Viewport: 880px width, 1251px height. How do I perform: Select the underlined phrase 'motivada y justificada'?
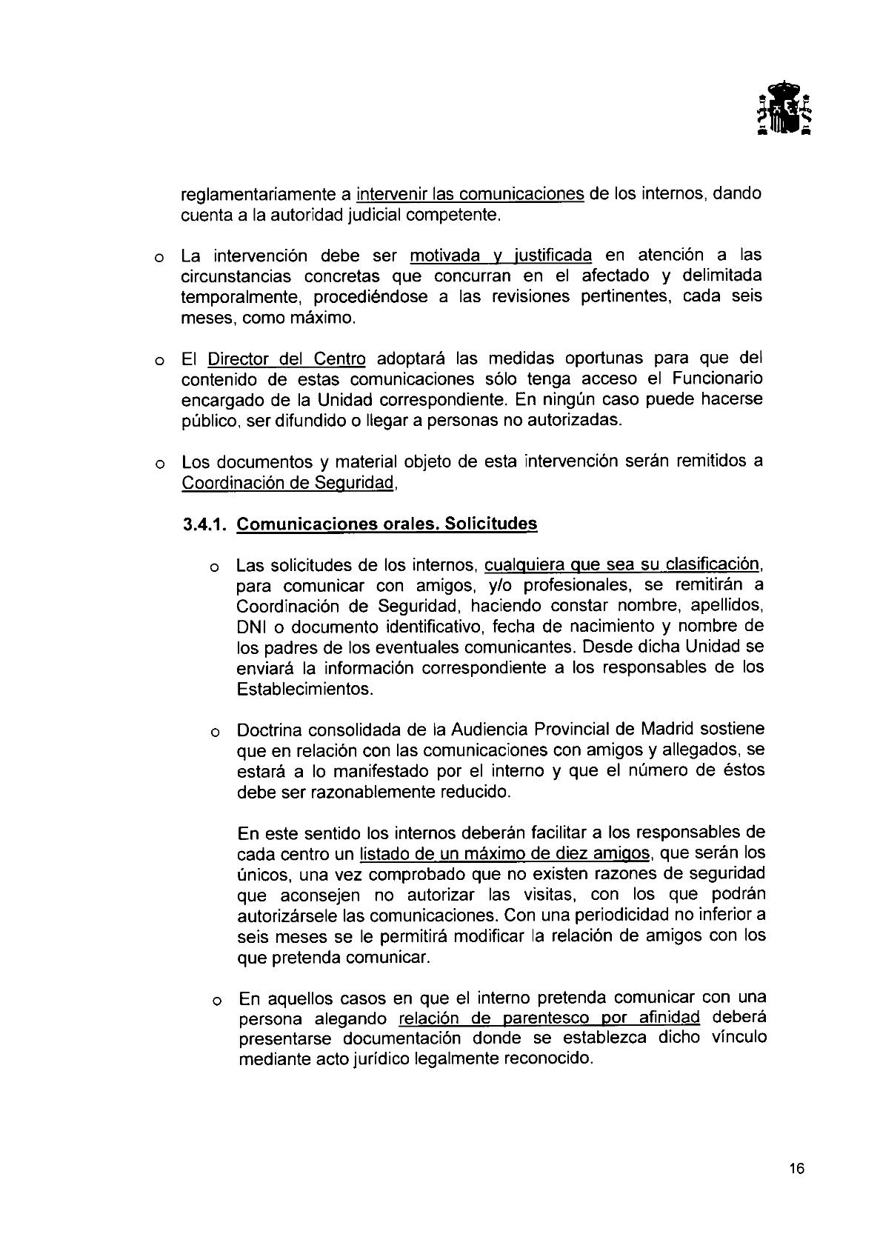(501, 256)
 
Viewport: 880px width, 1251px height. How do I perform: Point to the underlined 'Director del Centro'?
(287, 359)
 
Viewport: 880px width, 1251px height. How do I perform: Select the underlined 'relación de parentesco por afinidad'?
(549, 1017)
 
